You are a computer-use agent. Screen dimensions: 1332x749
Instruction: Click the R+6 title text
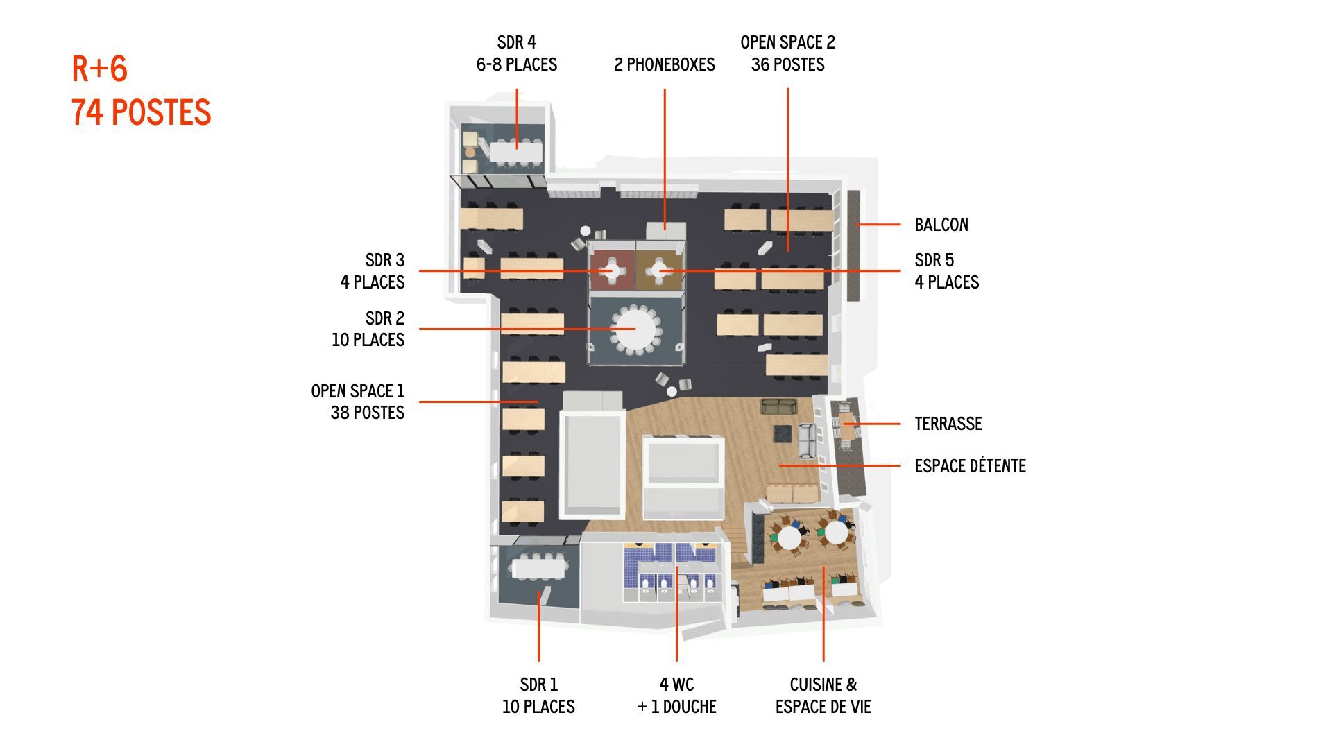point(100,69)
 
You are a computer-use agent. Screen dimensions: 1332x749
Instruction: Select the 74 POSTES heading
point(142,112)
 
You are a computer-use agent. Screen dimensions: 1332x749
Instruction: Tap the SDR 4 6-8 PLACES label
point(517,53)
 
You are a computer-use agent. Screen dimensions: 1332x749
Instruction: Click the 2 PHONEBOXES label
point(665,64)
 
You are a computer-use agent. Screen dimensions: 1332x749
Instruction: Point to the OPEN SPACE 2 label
point(788,42)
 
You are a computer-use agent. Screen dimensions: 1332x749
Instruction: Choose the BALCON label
point(941,225)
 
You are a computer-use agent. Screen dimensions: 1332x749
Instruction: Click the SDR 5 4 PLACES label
point(947,271)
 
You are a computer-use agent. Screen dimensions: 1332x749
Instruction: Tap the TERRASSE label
point(948,424)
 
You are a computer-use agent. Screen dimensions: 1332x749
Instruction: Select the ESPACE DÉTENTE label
point(970,466)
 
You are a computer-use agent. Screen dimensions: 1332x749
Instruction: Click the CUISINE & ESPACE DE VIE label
point(823,696)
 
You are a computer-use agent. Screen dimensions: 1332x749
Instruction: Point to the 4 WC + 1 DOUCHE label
point(676,696)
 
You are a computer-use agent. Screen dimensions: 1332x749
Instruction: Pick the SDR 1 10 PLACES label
point(538,696)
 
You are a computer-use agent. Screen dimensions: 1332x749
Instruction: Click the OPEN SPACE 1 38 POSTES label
point(358,402)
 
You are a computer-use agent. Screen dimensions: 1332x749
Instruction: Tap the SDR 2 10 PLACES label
point(368,329)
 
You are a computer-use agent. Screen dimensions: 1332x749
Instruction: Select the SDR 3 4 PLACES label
point(373,271)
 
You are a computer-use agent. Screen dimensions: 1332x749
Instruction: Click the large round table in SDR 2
point(635,329)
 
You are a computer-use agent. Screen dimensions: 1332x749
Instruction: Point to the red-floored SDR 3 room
point(612,269)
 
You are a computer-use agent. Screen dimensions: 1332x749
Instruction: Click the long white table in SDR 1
point(539,569)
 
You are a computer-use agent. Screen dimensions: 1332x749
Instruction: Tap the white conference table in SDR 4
point(517,150)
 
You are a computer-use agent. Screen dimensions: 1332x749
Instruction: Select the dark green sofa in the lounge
point(780,406)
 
